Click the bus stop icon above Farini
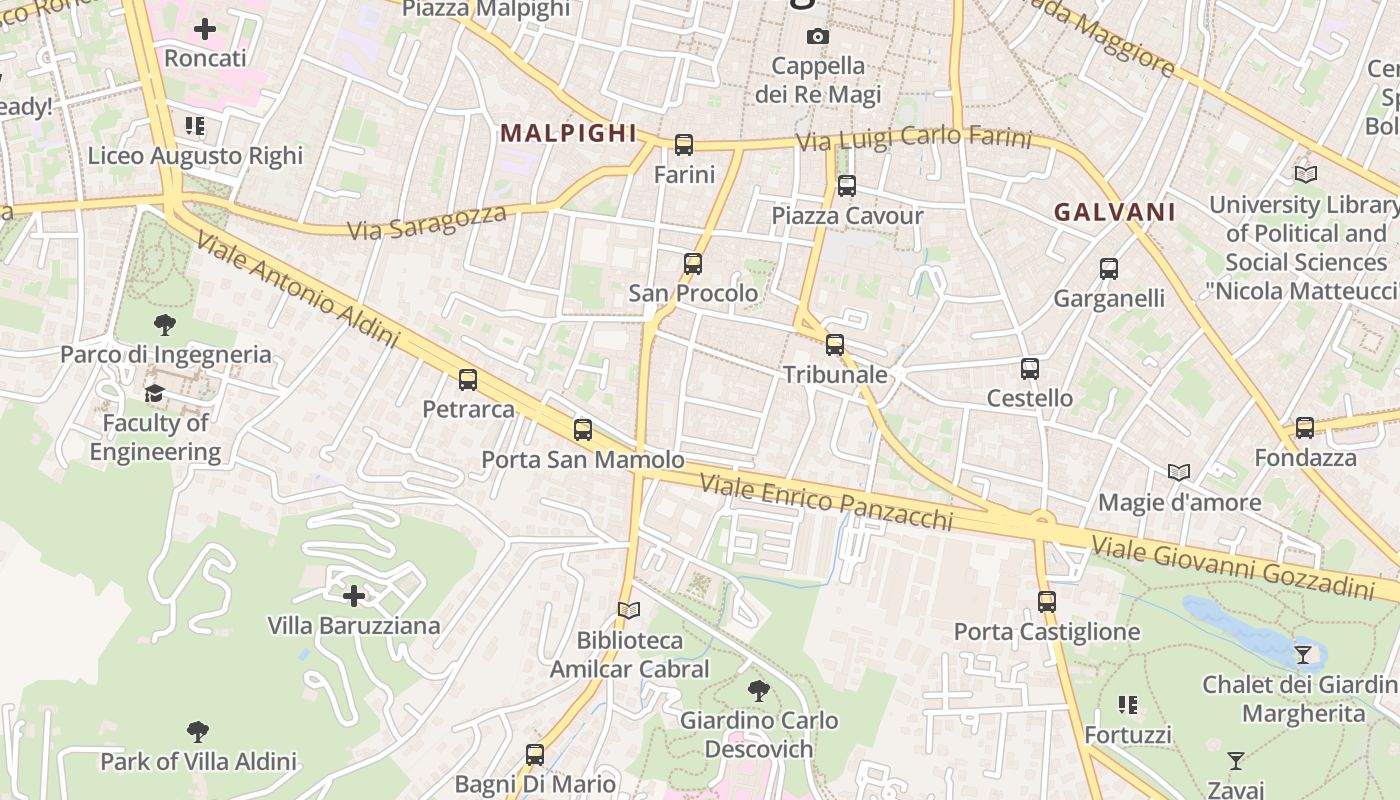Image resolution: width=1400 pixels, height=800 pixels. tap(684, 145)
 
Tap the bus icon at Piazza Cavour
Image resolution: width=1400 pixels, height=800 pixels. tap(847, 185)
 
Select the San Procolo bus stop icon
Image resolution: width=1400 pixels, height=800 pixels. tap(693, 264)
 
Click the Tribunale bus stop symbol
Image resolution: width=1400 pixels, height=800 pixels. tap(835, 345)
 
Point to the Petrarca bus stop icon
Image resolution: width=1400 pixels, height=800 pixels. tap(468, 380)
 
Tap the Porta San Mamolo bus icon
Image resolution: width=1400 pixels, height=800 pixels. tap(583, 430)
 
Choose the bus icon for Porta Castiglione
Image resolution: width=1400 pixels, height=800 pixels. tap(1047, 602)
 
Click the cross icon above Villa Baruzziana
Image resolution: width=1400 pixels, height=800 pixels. tap(354, 596)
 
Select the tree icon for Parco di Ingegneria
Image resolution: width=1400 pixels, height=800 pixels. tap(165, 325)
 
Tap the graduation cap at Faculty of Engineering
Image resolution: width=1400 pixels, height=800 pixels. tap(154, 394)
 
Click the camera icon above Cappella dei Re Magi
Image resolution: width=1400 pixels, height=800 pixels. tap(818, 37)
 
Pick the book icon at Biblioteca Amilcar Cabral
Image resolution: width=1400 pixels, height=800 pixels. tap(629, 610)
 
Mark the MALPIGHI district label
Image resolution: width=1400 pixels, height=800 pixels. tap(568, 133)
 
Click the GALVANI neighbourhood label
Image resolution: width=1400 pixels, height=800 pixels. tap(1115, 212)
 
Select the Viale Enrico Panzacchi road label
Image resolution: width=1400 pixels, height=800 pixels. tap(826, 502)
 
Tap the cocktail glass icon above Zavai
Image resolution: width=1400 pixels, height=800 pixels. tap(1236, 761)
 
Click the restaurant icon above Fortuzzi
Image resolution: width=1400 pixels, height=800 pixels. tap(1128, 705)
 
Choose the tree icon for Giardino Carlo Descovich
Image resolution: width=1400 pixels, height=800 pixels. tap(759, 690)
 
